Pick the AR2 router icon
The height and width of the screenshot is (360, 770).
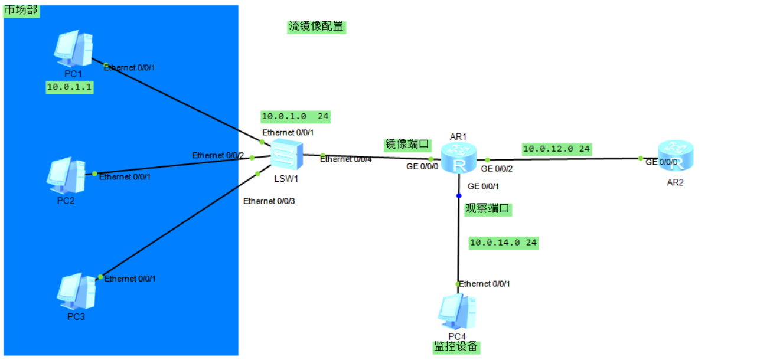(674, 156)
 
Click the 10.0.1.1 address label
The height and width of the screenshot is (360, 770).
(71, 87)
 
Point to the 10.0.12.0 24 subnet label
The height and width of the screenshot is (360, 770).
(556, 149)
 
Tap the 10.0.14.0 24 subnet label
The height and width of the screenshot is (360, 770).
(503, 243)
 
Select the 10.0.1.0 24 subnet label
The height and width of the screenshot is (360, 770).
(295, 117)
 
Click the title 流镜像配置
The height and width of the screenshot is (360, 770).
(316, 27)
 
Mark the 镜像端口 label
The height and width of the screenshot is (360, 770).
(407, 145)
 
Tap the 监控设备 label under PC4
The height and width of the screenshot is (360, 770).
(456, 347)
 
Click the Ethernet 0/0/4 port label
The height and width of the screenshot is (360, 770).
(345, 159)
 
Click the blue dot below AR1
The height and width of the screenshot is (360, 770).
(458, 195)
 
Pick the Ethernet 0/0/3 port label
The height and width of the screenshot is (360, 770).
(269, 201)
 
